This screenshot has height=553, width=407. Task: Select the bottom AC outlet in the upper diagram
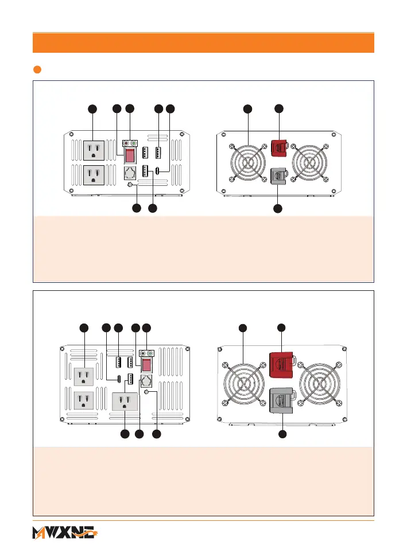[95, 175]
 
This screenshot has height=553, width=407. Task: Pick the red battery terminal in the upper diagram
[278, 148]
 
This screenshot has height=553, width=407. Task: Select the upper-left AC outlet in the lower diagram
[84, 376]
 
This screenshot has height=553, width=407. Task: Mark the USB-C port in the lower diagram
[118, 379]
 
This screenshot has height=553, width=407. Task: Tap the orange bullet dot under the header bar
[37, 70]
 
